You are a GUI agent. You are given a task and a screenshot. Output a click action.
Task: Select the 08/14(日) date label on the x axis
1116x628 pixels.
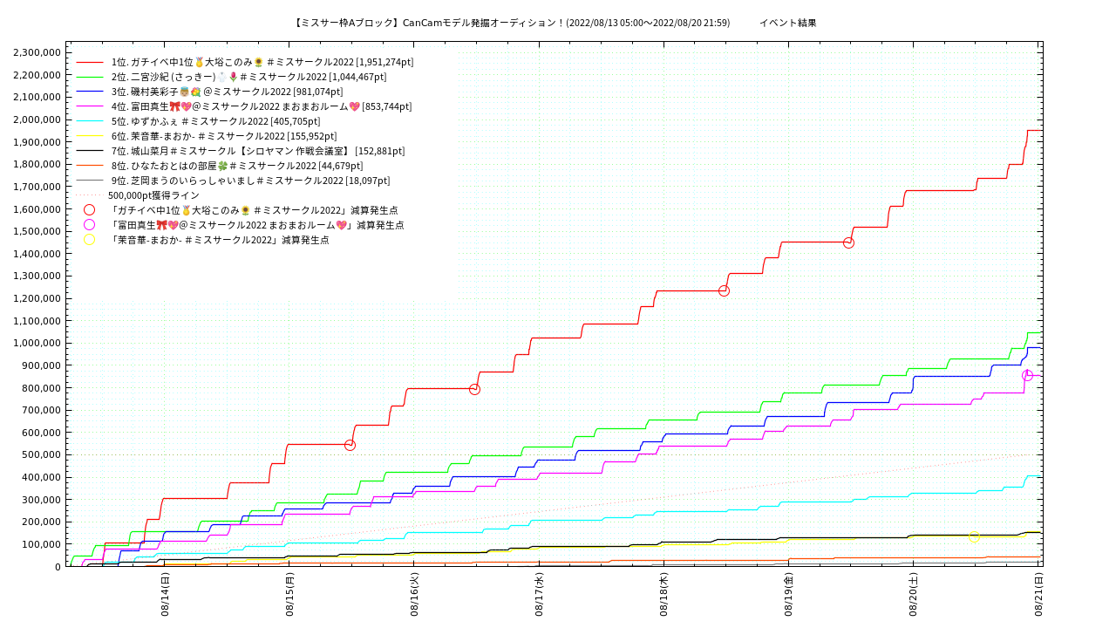tap(165, 593)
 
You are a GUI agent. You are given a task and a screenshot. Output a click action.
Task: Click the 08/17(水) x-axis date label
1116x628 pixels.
tap(540, 593)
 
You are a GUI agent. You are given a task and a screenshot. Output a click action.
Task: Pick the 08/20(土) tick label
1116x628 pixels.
tap(914, 593)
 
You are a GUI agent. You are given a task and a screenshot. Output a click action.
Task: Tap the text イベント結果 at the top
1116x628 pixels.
tap(787, 23)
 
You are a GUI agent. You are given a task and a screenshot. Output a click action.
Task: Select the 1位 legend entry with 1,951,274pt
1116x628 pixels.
tap(262, 62)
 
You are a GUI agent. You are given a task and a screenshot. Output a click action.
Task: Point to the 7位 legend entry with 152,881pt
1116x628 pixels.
tap(257, 151)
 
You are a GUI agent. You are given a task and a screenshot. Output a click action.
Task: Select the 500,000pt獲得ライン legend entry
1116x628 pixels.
tap(153, 195)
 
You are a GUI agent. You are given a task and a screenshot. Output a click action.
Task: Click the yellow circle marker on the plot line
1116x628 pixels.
tap(974, 536)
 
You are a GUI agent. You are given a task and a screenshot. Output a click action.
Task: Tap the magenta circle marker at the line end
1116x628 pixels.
tap(1027, 375)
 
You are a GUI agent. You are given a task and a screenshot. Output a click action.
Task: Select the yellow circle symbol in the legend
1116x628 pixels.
tap(89, 240)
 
